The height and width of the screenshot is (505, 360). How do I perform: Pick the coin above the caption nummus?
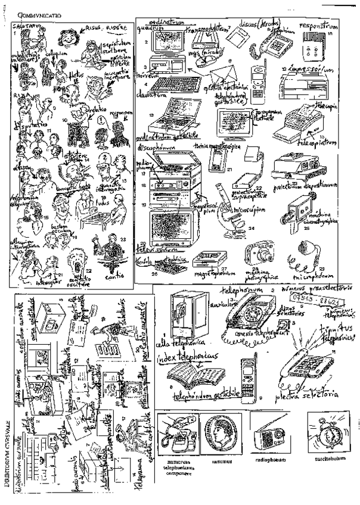(x=220, y=434)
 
